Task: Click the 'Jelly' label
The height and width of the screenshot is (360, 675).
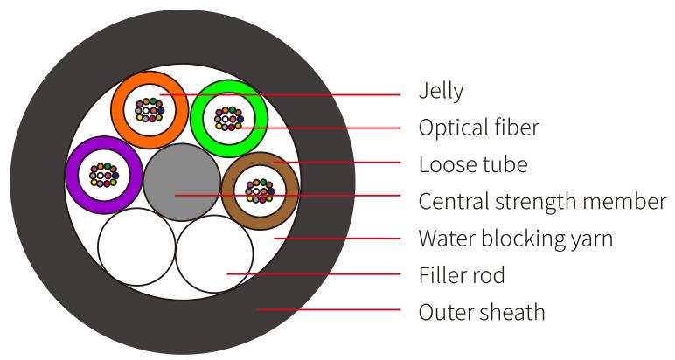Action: coord(441,90)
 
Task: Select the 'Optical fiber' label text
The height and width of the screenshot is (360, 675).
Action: coord(478,128)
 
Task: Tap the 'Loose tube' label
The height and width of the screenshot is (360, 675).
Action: coord(472,164)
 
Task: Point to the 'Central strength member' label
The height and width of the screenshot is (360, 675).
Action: coord(542,201)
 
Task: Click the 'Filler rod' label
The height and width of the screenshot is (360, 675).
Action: coord(462,275)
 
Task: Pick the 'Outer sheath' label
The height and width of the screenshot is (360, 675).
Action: coord(482,311)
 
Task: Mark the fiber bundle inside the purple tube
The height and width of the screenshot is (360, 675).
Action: coord(103,174)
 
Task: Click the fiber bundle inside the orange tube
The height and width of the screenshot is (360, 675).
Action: coord(150,109)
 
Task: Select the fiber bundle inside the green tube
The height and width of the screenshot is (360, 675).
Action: coord(228,117)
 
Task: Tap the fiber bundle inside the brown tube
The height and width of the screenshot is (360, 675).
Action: coord(259,190)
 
